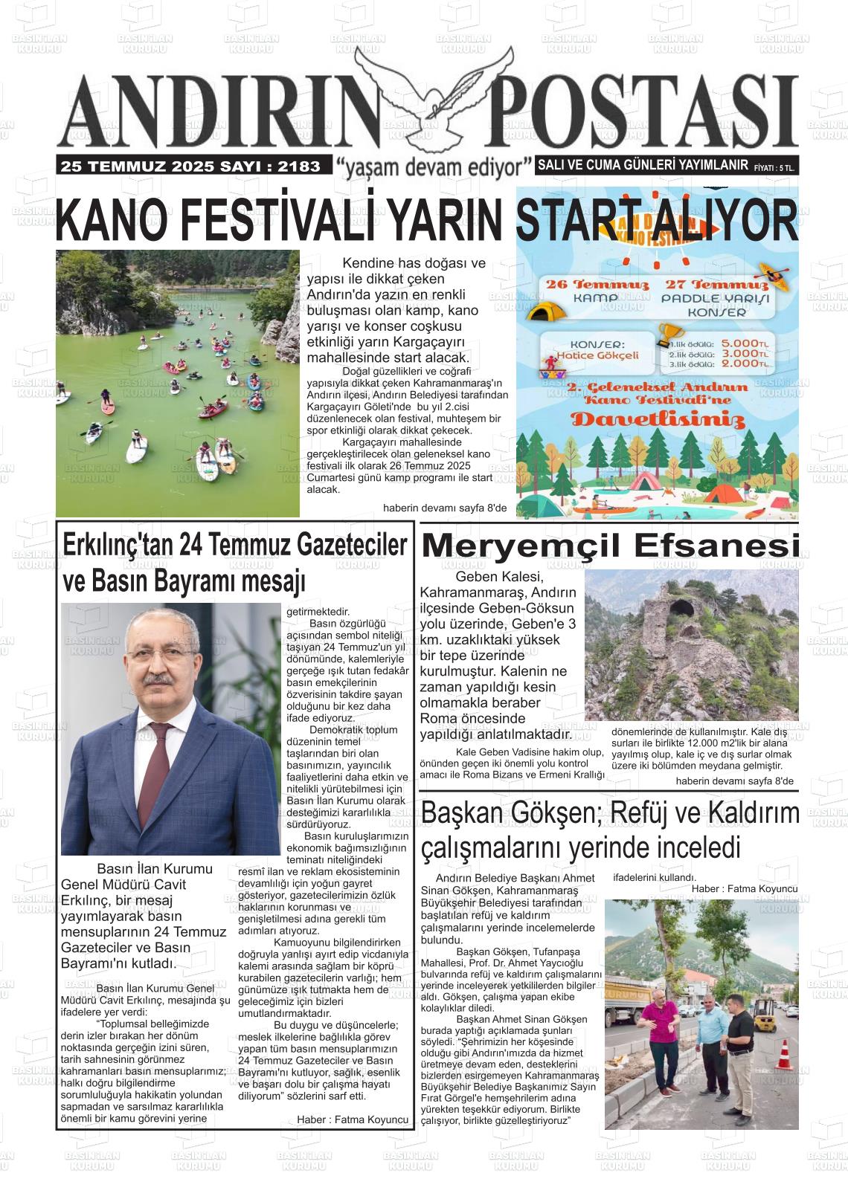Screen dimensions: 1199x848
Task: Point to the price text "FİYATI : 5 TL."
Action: pos(774,169)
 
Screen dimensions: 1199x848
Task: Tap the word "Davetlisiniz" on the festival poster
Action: pos(658,421)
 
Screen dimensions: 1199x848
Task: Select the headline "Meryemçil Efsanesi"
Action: pos(610,547)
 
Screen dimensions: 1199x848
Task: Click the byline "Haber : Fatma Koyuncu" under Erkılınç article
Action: pos(353,1119)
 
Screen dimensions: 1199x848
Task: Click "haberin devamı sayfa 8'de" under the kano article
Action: pos(444,508)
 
